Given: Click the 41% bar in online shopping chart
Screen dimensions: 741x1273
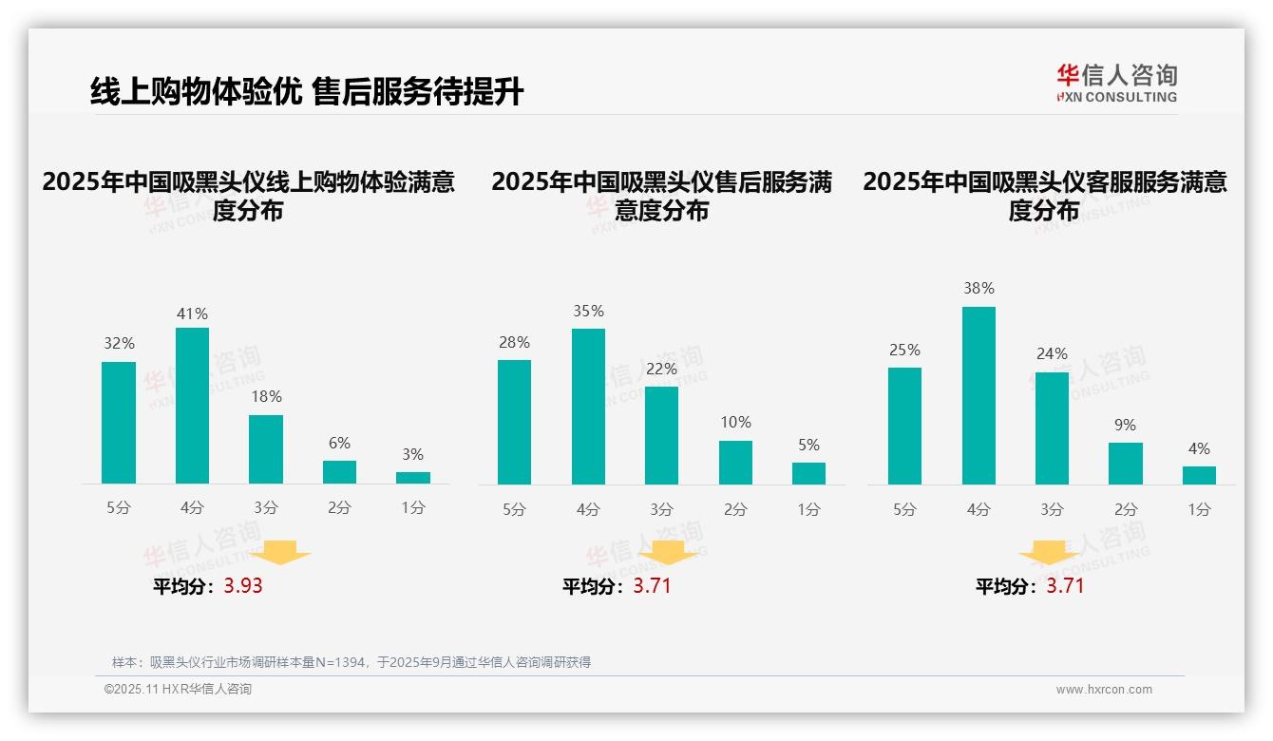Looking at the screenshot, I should tap(192, 406).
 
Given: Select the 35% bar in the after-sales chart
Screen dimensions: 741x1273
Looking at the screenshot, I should tap(588, 407).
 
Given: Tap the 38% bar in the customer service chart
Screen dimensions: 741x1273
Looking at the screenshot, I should tap(978, 395).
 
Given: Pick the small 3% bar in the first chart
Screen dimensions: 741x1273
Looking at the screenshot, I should tap(413, 478).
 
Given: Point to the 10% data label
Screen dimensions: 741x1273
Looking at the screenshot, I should tap(735, 422).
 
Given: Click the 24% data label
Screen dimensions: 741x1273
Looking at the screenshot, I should tap(1052, 353).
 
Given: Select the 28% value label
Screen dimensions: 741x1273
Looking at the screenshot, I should tap(514, 342).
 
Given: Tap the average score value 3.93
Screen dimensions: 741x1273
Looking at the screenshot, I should tap(243, 586).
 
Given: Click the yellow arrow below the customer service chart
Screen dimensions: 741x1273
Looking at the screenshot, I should tap(1049, 552).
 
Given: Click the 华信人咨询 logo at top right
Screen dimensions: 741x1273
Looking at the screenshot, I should tap(1116, 83).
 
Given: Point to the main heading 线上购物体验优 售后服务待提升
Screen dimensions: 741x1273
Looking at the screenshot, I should tap(307, 92).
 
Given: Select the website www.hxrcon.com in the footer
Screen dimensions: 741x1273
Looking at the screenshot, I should tap(1104, 690).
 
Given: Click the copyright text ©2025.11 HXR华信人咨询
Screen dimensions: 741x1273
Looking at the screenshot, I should tap(178, 690).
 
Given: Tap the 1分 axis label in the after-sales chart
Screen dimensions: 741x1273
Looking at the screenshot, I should tap(808, 509).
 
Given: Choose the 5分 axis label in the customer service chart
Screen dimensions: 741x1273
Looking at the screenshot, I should tap(904, 509).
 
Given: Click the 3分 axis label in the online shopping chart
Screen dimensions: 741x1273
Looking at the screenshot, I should tap(266, 508).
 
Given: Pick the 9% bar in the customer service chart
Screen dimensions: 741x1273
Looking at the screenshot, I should tap(1126, 464).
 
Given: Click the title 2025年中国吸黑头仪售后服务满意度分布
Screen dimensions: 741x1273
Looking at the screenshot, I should tap(661, 196).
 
